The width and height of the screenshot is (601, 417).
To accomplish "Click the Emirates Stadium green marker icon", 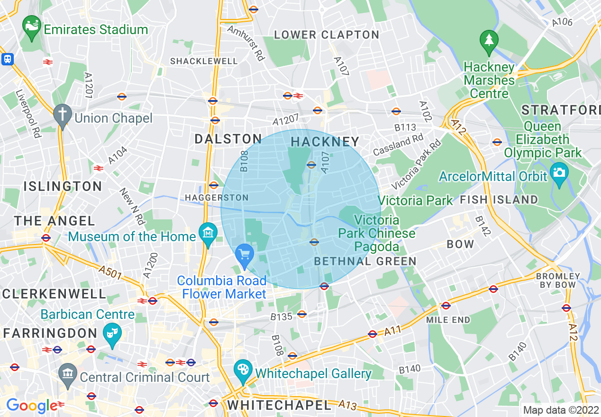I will (32, 28).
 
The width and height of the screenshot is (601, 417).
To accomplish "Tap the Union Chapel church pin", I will (62, 116).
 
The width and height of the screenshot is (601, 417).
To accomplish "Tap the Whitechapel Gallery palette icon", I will (243, 371).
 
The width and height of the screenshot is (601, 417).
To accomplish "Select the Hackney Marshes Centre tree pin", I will (489, 42).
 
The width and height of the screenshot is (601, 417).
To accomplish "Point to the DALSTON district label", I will (228, 139).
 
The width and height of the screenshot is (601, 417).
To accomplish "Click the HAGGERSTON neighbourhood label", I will (217, 197).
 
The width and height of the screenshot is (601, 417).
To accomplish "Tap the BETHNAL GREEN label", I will (365, 261).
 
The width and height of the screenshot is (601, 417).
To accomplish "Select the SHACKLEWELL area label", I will (204, 61).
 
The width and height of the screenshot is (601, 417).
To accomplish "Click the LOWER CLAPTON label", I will (327, 35).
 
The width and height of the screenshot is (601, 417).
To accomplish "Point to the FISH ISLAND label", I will (499, 200).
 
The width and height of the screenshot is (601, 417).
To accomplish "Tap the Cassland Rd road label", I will (398, 145).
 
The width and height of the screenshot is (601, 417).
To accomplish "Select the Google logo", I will (31, 406).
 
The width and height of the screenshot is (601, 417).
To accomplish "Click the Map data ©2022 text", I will (560, 409).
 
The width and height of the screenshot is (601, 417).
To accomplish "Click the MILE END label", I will (448, 320).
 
